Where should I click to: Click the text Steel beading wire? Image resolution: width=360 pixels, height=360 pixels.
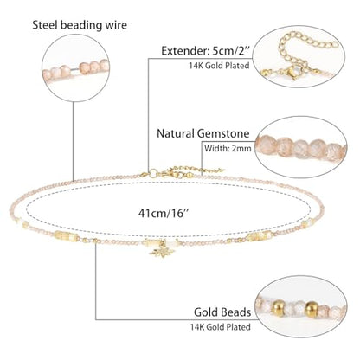point(80,25)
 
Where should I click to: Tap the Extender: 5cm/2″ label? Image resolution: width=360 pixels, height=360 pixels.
point(205,51)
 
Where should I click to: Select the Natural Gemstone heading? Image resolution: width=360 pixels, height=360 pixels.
point(203,133)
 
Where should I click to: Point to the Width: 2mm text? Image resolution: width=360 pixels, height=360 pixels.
point(228,149)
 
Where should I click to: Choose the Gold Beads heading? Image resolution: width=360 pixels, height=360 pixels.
point(222,312)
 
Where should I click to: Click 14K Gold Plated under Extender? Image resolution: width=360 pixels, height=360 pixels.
point(219,66)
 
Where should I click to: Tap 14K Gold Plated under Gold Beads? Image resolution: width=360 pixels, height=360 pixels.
point(220,327)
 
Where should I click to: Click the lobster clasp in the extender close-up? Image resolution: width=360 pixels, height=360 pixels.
point(294,72)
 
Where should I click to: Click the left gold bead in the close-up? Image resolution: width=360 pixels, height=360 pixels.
point(278,308)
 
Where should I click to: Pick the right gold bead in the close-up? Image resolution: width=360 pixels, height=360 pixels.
point(312,309)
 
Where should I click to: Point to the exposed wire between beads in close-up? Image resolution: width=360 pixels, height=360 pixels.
point(75,69)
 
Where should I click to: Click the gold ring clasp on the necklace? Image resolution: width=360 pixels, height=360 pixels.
point(153,173)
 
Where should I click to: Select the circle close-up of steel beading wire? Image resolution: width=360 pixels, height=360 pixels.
point(75,68)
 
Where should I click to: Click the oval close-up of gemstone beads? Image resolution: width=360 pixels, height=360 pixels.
point(300,147)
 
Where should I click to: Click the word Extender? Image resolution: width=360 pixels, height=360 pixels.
point(185,51)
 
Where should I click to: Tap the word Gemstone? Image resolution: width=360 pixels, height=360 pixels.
point(223,133)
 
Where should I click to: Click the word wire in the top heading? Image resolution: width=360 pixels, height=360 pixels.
point(116,25)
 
